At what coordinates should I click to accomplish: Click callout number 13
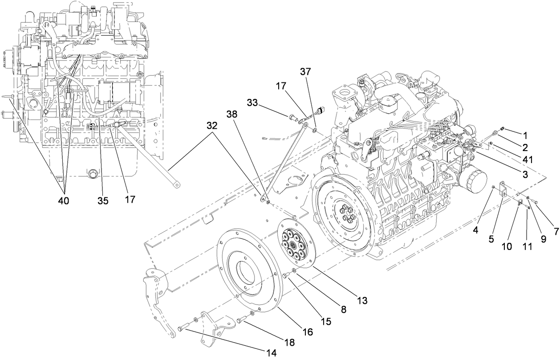point(362,301)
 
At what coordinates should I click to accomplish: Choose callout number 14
point(271,353)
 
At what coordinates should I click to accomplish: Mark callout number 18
point(289,342)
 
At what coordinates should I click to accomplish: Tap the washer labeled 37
point(315,130)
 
